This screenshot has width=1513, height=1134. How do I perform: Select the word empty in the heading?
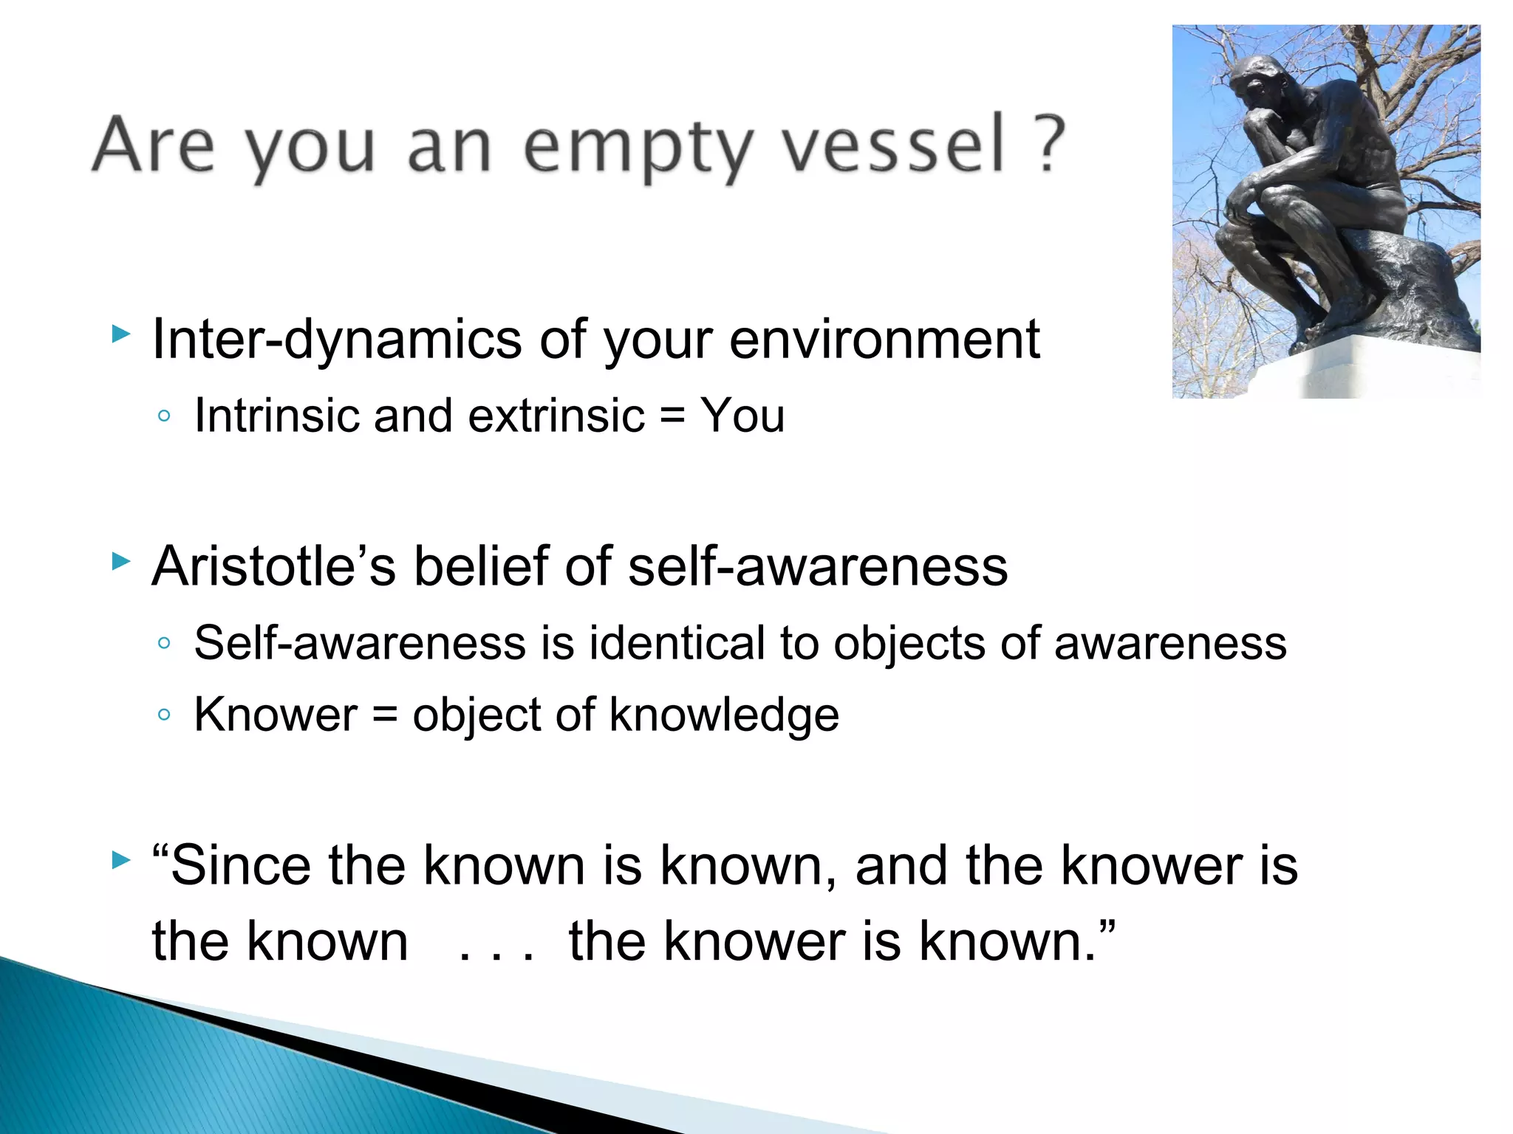coord(639,148)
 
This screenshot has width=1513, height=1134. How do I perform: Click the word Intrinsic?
coord(277,415)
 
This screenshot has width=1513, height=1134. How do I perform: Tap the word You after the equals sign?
coord(742,415)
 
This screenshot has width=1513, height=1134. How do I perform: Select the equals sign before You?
coord(672,416)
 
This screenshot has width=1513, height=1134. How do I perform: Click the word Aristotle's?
coord(273,566)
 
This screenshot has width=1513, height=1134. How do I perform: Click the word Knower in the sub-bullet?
coord(276,715)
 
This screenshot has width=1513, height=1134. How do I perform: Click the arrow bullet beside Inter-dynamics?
coord(120,334)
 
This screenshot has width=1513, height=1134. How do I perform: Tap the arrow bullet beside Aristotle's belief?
coord(120,562)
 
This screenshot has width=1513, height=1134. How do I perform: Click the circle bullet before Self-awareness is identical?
coord(164,643)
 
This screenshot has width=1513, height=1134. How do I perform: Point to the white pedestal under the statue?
coord(1367,373)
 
